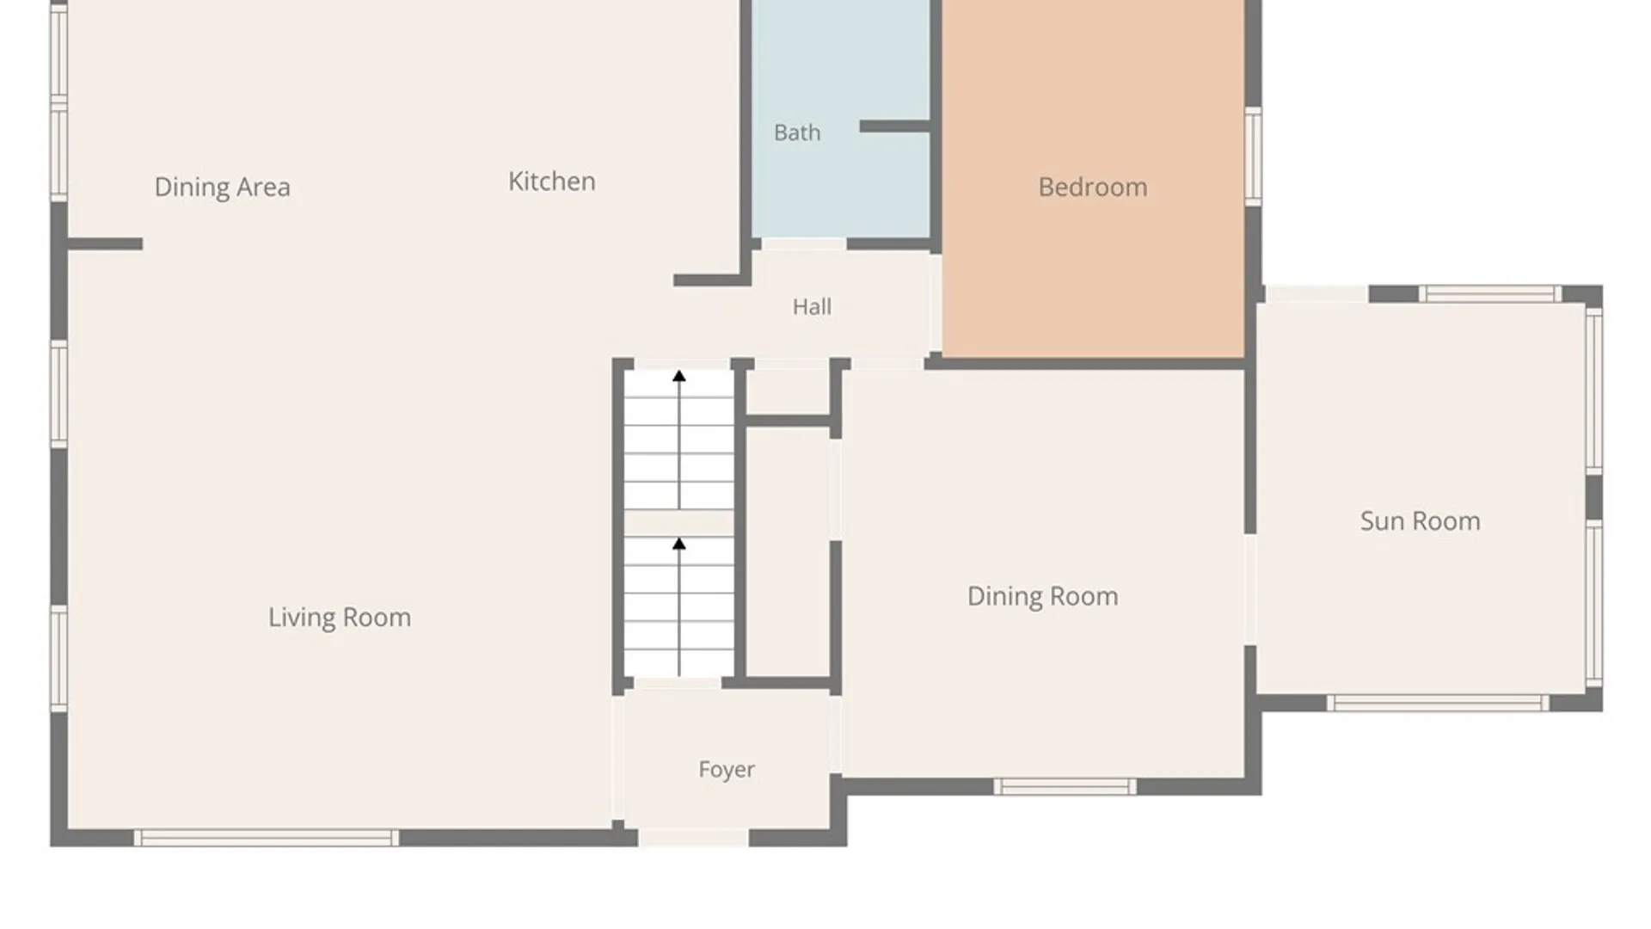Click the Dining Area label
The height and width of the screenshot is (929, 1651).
click(222, 188)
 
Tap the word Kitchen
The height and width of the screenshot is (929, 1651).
click(551, 181)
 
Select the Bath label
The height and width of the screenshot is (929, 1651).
click(797, 132)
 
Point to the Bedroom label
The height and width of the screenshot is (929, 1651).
click(1093, 187)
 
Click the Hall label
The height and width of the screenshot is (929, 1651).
click(812, 307)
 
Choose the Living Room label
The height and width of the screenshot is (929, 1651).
click(340, 618)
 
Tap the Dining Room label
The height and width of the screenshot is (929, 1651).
click(1043, 596)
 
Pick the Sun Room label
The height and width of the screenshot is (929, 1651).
click(1421, 521)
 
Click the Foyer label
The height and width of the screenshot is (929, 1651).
click(727, 770)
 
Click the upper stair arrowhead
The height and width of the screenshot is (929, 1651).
click(679, 376)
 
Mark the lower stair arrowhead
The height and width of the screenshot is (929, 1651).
click(679, 544)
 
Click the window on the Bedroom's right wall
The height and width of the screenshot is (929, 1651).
click(1254, 157)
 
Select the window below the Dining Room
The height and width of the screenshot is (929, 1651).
click(1065, 786)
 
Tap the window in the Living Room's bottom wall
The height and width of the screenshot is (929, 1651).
click(267, 838)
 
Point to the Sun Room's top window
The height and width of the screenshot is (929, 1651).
click(1490, 293)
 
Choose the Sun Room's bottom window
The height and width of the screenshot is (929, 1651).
click(1438, 703)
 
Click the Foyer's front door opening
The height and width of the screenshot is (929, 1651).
click(693, 838)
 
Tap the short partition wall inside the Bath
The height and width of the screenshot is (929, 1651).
click(895, 126)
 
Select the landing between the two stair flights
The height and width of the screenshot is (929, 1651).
click(679, 522)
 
